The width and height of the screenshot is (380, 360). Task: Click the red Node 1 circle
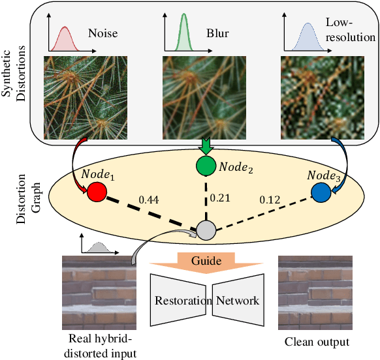pyautogui.click(x=96, y=192)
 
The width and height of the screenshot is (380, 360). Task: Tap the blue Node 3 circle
pyautogui.click(x=321, y=192)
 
